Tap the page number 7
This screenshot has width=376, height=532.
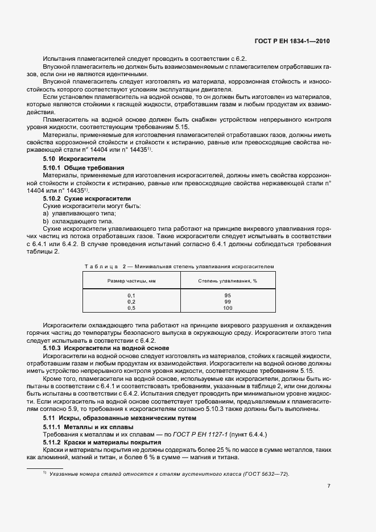[x=329, y=486]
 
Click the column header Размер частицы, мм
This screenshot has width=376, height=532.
[x=131, y=281]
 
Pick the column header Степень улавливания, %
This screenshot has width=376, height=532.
[x=228, y=281]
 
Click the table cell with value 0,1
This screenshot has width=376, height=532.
[x=131, y=296]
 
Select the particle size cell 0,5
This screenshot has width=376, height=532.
[x=131, y=308]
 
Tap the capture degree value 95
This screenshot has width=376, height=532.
[x=228, y=296]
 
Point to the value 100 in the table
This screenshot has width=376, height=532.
[x=228, y=308]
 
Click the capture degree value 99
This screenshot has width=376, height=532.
[x=228, y=302]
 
